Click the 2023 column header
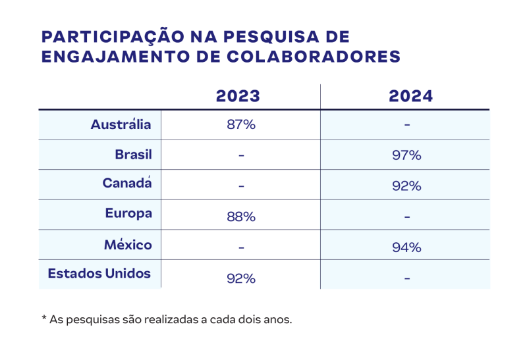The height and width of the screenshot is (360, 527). (238, 96)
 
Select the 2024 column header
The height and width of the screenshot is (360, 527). (411, 96)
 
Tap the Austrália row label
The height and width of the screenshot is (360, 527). (121, 124)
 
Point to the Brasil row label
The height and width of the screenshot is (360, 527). (133, 155)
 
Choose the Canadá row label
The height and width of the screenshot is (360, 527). (127, 184)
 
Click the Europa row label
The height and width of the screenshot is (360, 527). (128, 213)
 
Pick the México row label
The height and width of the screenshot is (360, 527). (128, 245)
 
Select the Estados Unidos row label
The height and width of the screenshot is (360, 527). (99, 272)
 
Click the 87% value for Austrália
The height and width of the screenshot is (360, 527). (240, 125)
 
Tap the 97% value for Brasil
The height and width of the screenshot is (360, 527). (406, 156)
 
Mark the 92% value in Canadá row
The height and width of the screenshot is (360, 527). (406, 186)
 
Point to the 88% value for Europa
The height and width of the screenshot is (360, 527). (240, 217)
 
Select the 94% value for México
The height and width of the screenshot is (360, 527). (406, 248)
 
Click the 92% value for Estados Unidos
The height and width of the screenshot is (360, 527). (240, 278)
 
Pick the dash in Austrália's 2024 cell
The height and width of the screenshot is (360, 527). (407, 125)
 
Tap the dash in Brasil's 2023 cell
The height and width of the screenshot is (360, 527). (241, 156)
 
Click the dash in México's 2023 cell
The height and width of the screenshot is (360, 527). (241, 248)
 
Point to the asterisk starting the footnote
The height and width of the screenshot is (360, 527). (44, 319)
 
